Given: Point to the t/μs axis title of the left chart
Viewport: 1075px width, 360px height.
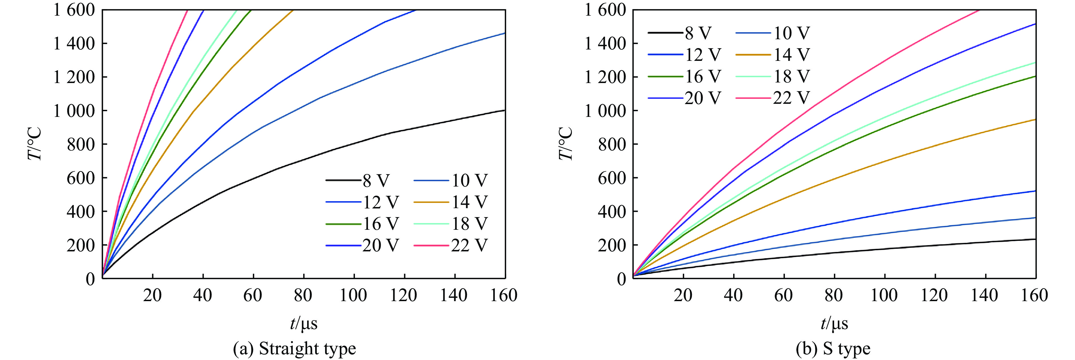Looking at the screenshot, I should (303, 324).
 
